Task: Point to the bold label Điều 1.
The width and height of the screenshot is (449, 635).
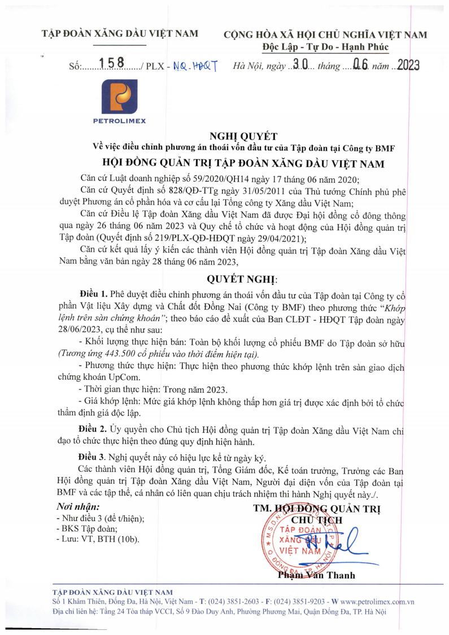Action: (93, 295)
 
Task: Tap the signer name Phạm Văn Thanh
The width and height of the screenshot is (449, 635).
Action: (316, 575)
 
